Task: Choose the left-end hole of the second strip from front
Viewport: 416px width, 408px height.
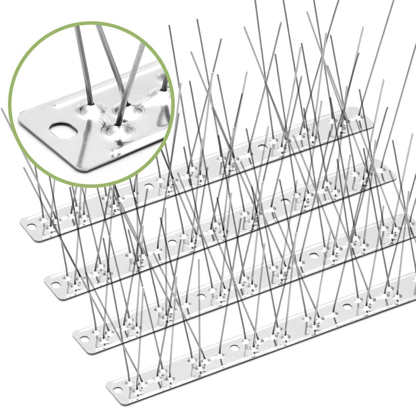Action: click(x=83, y=339)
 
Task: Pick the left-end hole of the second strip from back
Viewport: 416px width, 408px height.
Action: click(x=56, y=285)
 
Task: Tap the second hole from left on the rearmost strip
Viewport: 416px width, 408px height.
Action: click(x=148, y=185)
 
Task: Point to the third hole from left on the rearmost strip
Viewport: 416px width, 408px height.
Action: click(x=262, y=147)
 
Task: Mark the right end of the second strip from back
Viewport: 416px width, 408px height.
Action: click(x=393, y=175)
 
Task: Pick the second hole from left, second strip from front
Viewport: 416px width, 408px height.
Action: click(x=201, y=296)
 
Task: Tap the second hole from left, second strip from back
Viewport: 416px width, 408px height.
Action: click(x=172, y=243)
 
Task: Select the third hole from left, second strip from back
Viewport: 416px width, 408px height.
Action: click(x=285, y=201)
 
